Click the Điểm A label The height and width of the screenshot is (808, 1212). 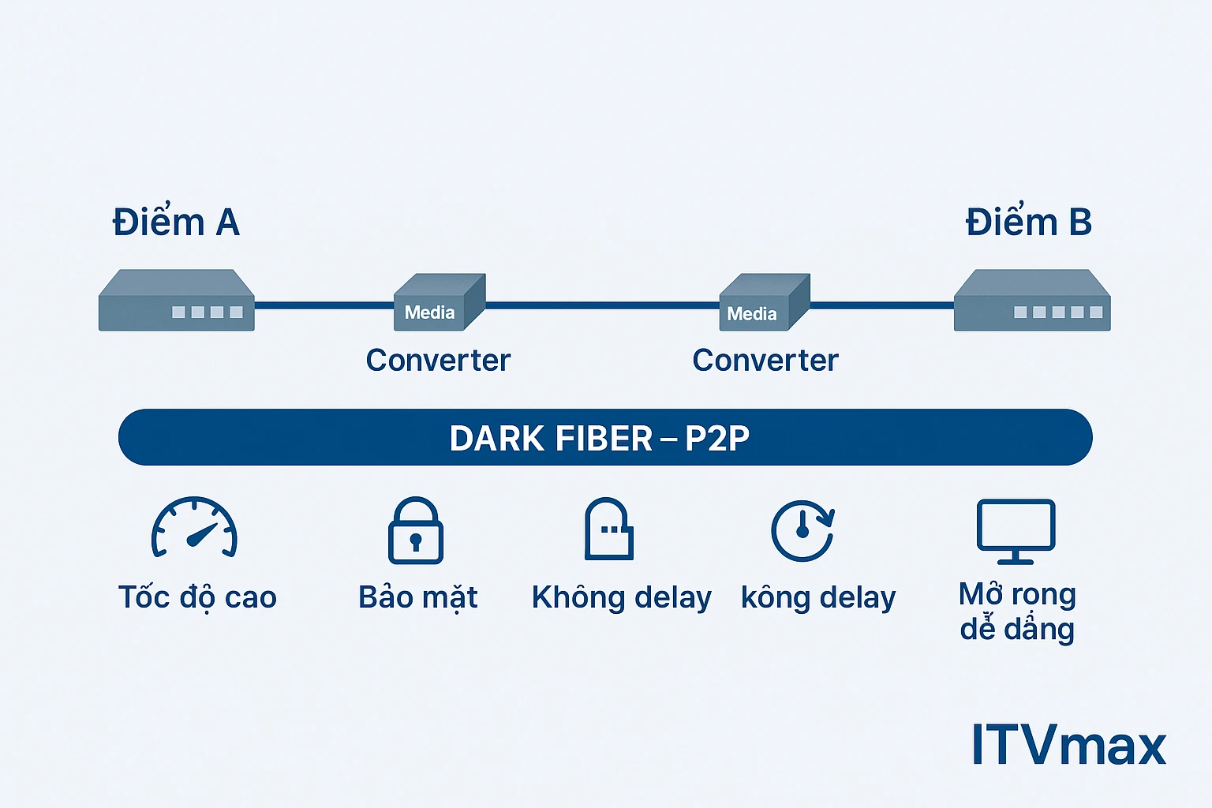coord(176,223)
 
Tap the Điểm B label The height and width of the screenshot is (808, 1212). coord(1028,223)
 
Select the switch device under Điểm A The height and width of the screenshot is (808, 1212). coord(176,301)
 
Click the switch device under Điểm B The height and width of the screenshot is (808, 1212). coord(1031,301)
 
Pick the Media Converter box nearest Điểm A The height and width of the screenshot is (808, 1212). coord(439,303)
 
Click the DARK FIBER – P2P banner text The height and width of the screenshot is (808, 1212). coord(600,438)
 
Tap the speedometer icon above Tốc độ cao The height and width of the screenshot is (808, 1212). coord(194,528)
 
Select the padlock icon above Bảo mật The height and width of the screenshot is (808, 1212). coord(416,530)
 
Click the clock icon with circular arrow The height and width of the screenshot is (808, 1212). coord(802,530)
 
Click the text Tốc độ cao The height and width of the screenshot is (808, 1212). coord(197,597)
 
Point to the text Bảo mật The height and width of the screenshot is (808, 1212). coord(417,597)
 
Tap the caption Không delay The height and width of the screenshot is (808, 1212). coord(621,597)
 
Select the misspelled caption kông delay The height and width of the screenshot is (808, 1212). coord(818,597)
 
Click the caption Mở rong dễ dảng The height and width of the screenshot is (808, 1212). coord(1017,612)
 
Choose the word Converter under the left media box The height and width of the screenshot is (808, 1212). coord(438,361)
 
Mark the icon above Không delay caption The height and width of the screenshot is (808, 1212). coord(608,529)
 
